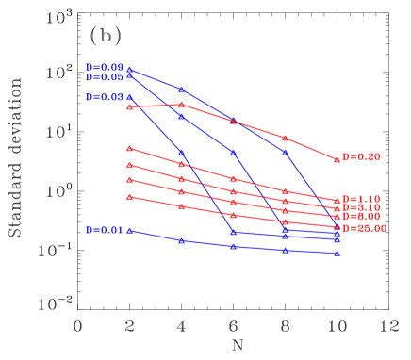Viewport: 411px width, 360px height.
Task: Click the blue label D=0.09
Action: [x=105, y=68]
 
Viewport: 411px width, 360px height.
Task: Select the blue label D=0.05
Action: [x=105, y=77]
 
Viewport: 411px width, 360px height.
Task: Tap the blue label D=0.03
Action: [x=105, y=97]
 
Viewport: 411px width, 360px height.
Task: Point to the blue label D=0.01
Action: [x=105, y=230]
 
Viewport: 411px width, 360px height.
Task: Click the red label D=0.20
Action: [x=361, y=156]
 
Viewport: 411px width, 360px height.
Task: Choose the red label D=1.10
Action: [x=361, y=199]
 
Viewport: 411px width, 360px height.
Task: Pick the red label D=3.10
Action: [x=361, y=207]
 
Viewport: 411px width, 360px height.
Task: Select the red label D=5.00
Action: [x=361, y=217]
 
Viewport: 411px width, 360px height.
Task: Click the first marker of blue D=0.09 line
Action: [x=129, y=69]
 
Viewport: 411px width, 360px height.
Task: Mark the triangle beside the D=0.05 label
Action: [x=129, y=75]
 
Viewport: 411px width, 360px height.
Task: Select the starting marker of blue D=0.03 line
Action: [x=129, y=97]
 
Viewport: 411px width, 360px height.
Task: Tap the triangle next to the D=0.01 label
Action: [x=129, y=230]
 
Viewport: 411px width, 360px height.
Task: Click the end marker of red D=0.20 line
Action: [x=337, y=158]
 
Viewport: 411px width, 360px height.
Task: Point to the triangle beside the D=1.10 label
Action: [x=337, y=200]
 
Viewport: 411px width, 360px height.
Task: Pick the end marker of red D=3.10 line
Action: [x=337, y=208]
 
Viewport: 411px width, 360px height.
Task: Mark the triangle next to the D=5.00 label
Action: [x=337, y=217]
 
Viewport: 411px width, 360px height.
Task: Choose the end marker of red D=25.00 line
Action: [x=337, y=227]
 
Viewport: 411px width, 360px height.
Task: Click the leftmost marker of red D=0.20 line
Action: [x=129, y=106]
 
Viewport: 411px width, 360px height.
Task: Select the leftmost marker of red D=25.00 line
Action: [x=129, y=196]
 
